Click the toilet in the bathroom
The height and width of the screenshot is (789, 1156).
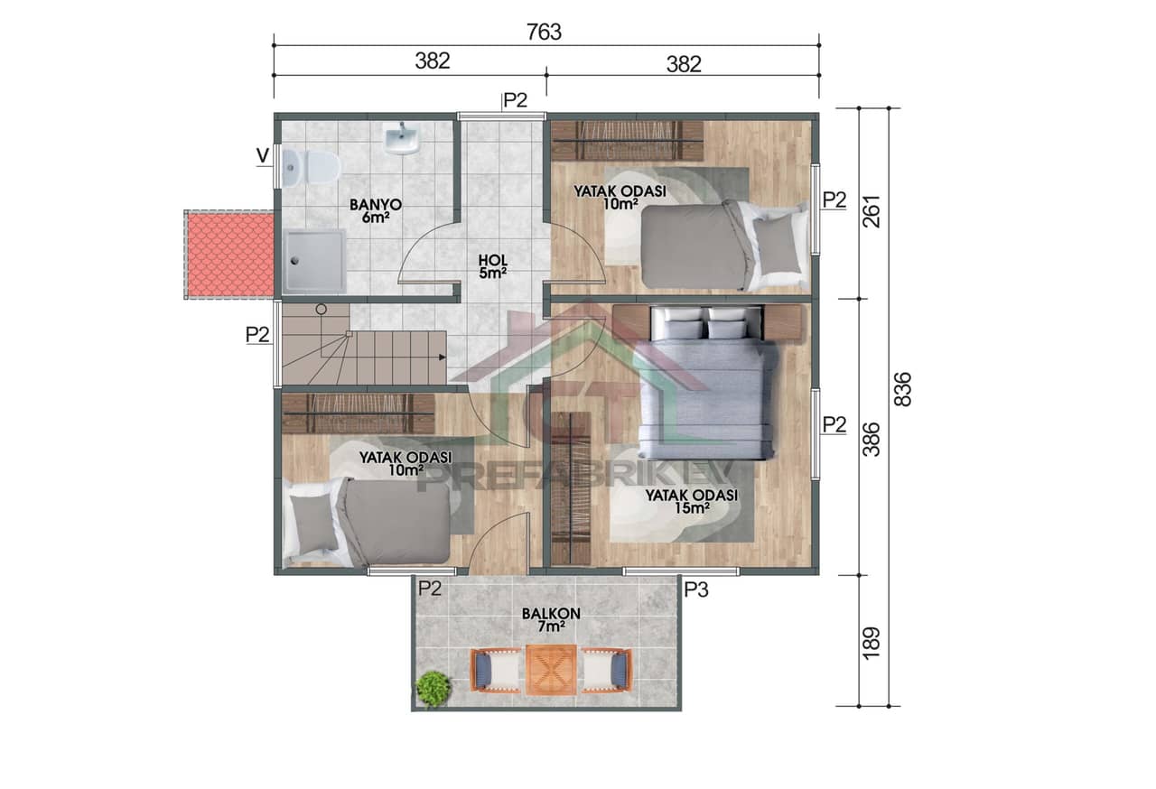(x=310, y=168)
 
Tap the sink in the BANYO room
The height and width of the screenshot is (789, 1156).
(x=401, y=139)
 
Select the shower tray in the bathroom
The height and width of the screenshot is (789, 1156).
(x=313, y=261)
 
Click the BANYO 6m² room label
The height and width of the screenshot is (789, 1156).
(x=376, y=211)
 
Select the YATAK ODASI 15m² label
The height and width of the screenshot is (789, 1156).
(x=691, y=502)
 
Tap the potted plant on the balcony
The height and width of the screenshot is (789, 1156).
(x=433, y=689)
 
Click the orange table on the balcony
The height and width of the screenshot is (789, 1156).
(x=550, y=670)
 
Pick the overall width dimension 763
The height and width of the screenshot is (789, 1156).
(x=545, y=32)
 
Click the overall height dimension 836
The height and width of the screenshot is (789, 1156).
(x=902, y=389)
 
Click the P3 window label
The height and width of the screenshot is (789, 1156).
(x=695, y=590)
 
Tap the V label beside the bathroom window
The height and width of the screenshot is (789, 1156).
(x=262, y=156)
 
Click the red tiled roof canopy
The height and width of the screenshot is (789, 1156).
(x=229, y=255)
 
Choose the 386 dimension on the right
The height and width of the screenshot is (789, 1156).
(x=872, y=438)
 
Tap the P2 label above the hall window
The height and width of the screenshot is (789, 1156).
(x=515, y=100)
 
